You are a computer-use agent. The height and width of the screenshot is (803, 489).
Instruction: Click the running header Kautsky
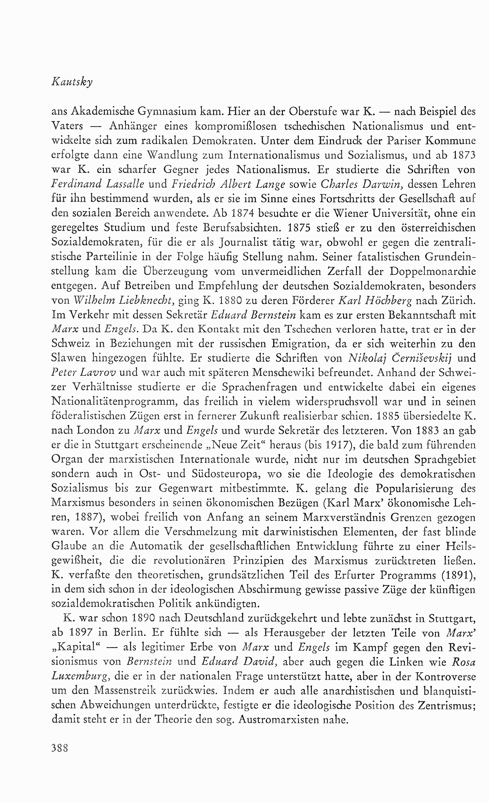[x=72, y=82]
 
